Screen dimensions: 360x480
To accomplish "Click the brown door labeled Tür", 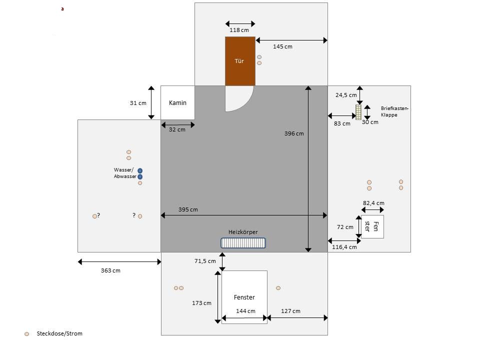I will (240, 61).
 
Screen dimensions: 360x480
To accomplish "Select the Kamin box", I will (177, 102).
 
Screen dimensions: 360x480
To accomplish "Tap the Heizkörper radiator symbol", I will (243, 242).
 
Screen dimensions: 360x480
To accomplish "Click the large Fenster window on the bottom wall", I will (244, 297).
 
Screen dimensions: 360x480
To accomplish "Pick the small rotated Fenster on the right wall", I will (372, 226).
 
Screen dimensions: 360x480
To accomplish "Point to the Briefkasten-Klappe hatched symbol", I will (358, 112).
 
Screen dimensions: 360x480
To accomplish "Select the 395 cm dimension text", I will (188, 209).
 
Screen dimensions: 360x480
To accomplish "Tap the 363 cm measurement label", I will (110, 270).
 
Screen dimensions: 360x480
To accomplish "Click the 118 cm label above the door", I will (239, 30).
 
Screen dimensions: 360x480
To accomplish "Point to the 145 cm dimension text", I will (282, 46).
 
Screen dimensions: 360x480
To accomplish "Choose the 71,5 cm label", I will (205, 261).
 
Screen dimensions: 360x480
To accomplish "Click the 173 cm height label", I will (201, 303).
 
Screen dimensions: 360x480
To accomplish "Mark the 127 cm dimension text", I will (290, 311).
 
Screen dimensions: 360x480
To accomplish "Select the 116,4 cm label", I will (344, 247).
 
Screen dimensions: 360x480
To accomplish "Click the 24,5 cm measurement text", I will (346, 94).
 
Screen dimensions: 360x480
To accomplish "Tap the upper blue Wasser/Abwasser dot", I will (140, 170).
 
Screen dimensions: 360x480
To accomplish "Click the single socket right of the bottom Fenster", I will (278, 288).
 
